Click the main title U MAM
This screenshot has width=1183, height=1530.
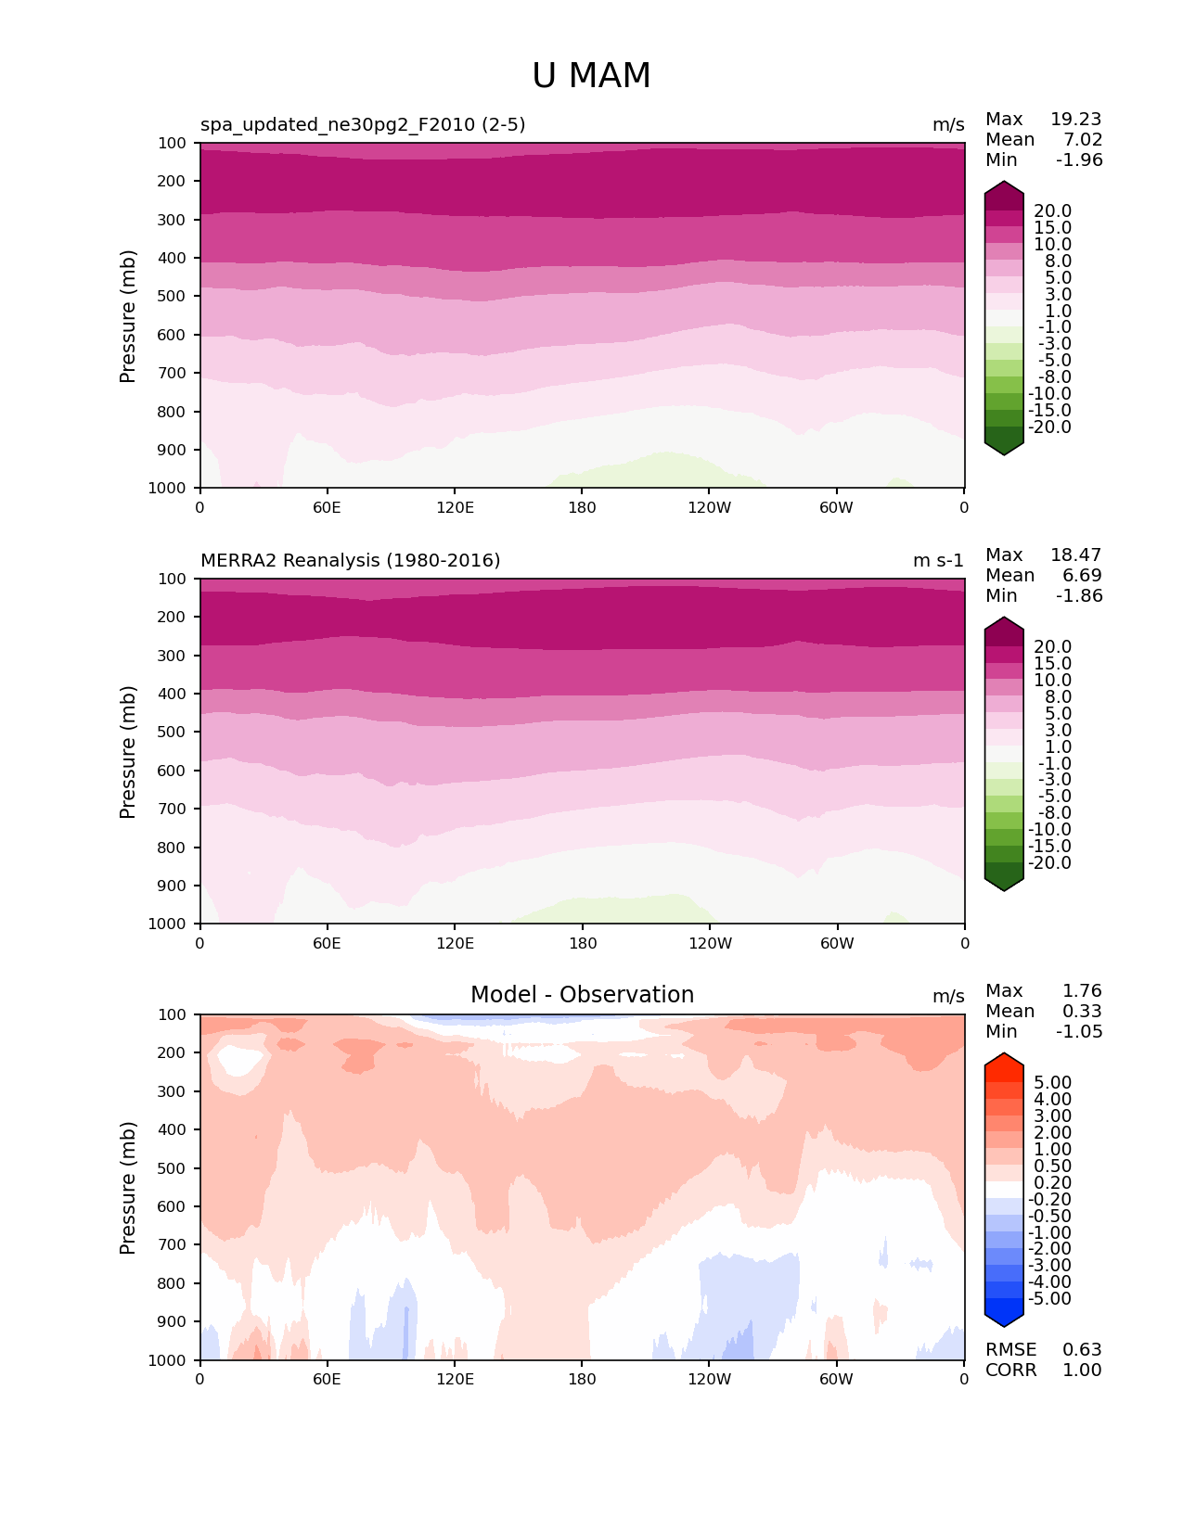591,76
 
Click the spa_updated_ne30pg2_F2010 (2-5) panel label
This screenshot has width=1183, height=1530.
363,124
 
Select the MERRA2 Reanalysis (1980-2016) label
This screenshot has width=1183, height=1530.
350,560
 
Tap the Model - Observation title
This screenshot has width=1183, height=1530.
582,995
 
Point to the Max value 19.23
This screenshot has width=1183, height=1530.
1075,119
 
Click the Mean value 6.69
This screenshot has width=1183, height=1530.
1082,575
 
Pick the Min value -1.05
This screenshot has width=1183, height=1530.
1079,1031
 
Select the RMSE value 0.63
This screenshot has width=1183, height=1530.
1082,1349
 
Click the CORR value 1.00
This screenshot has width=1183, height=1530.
1082,1370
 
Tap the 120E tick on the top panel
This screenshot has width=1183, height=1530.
455,507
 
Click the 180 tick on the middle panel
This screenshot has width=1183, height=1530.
582,943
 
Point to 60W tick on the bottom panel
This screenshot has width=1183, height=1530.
836,1379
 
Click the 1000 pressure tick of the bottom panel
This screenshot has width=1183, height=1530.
168,1360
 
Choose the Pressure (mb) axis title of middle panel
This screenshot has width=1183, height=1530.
128,751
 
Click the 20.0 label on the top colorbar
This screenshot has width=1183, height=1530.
1052,211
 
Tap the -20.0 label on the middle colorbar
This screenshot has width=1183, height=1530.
1049,862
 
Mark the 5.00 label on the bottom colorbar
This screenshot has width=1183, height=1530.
1052,1082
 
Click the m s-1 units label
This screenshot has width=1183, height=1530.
938,560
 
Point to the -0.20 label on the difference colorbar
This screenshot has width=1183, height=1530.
1049,1199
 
